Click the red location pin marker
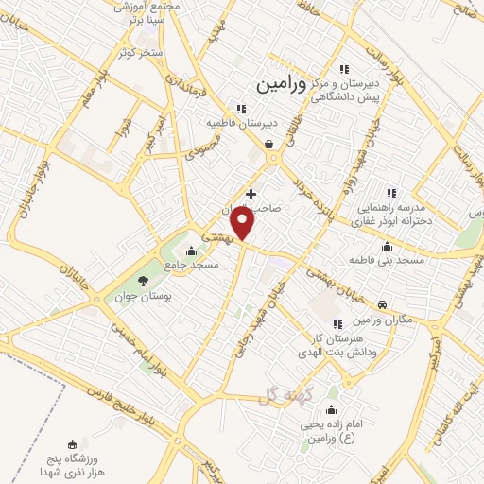tap(243, 224)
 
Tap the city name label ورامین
tap(281, 84)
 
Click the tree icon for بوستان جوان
tap(143, 281)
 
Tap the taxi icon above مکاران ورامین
tap(381, 305)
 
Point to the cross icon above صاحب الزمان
tap(251, 194)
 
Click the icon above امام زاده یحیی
tap(331, 409)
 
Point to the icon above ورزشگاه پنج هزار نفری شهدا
tap(73, 443)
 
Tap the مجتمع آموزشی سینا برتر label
tap(141, 11)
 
